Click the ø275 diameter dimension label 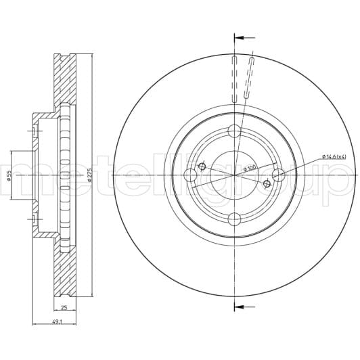(90, 175)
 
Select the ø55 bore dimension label (9, 175)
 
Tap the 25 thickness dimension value (64, 307)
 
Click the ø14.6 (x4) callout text (334, 157)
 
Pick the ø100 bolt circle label (250, 168)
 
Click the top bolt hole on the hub (234, 131)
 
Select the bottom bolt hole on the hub (234, 219)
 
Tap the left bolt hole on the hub (190, 175)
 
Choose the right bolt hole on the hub (278, 175)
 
